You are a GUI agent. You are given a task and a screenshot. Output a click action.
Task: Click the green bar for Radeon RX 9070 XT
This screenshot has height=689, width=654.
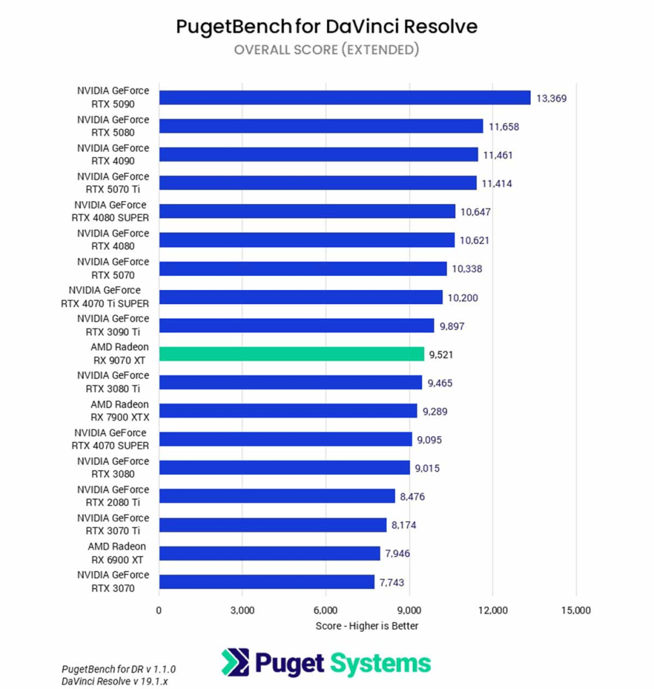pos(291,354)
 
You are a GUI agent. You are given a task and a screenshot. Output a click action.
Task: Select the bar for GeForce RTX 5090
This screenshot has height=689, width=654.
pos(344,98)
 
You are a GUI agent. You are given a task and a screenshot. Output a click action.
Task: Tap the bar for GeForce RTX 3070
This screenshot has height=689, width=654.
pos(266,582)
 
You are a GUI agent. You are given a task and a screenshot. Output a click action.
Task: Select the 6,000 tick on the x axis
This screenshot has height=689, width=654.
pos(326,610)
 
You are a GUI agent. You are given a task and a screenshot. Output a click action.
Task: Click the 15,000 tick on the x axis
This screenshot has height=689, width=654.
pos(575,610)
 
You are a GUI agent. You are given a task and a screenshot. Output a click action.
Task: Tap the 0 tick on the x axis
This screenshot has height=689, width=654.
pos(159,610)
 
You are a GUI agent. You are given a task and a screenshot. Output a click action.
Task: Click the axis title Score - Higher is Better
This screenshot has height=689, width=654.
pos(367,626)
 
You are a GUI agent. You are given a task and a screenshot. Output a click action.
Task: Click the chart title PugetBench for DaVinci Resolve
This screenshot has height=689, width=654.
pos(326,26)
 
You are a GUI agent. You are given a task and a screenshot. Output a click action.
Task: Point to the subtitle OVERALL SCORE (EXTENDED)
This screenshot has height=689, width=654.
pos(326,50)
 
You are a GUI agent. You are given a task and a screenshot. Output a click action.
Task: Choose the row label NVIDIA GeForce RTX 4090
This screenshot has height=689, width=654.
pos(113,155)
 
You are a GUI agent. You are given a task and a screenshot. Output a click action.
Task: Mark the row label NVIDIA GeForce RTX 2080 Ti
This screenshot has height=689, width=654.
pos(113,497)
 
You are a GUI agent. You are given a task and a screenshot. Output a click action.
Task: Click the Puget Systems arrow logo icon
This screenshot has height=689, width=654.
pos(235,662)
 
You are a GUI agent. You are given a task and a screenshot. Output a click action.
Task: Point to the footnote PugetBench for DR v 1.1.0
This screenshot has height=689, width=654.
pos(118,669)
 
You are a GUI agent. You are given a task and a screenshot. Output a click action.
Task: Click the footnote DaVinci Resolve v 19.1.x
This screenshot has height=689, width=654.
pos(114,681)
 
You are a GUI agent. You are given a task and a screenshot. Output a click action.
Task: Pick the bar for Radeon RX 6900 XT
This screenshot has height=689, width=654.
pos(270,553)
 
